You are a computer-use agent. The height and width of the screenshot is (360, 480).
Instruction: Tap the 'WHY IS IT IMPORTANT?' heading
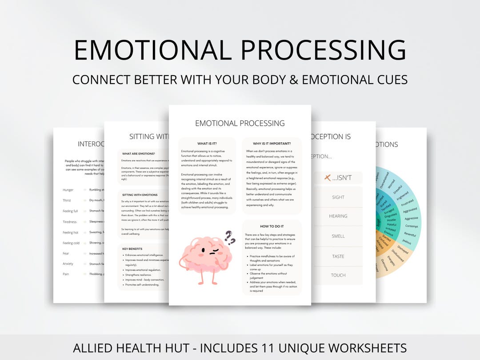272,144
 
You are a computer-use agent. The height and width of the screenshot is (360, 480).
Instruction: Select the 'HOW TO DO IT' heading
272,226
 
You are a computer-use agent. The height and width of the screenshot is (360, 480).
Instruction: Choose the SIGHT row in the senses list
338,197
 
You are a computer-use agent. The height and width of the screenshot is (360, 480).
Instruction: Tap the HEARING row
338,216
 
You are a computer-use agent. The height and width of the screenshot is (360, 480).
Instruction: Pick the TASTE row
338,256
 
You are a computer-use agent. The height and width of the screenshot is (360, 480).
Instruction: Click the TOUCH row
338,275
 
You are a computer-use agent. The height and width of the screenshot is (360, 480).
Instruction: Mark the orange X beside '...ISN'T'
328,178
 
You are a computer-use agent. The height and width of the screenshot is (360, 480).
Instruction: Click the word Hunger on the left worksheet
69,190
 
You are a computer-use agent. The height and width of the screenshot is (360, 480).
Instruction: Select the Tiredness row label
70,222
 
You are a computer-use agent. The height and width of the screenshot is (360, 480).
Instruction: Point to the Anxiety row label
68,264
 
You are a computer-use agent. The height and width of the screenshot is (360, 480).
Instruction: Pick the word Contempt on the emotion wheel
412,226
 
